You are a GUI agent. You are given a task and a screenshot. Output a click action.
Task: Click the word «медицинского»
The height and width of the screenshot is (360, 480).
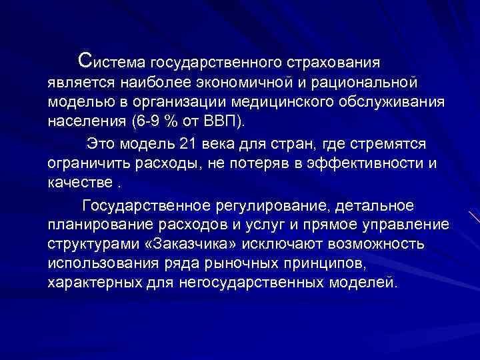276,104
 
